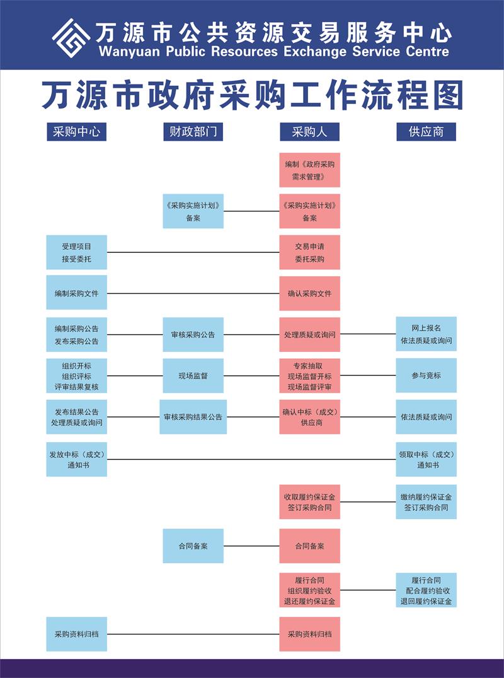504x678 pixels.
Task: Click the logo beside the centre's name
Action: click(71, 38)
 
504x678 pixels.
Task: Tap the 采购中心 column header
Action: click(76, 132)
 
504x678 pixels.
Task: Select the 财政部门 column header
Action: click(193, 132)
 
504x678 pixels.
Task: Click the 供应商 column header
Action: click(427, 132)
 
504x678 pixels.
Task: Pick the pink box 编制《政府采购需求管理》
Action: click(310, 170)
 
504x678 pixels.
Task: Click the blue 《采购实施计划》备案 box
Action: click(193, 211)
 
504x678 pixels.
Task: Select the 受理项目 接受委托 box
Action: click(76, 252)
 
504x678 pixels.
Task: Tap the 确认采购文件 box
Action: click(310, 294)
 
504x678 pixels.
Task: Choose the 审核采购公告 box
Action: click(193, 335)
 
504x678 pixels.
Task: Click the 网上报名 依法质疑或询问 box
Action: click(427, 334)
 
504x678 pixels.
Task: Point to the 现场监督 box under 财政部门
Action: click(193, 376)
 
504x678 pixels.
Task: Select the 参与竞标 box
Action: click(427, 375)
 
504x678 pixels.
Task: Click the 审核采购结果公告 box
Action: click(193, 417)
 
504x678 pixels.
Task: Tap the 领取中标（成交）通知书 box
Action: click(427, 459)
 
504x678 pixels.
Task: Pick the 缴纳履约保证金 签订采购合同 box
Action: click(427, 501)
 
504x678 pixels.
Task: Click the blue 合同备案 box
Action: click(193, 546)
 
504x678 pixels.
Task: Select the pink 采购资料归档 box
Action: click(310, 634)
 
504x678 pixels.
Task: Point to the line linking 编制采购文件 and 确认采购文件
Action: click(193, 294)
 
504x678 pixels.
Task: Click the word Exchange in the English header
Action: click(315, 52)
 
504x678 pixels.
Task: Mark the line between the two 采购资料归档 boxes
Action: click(193, 634)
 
